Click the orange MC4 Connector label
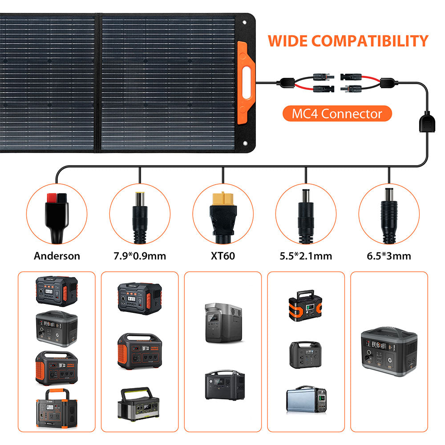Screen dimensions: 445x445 [337, 114]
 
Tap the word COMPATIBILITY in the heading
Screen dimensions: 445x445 [369, 41]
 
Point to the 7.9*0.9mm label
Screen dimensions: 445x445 [140, 256]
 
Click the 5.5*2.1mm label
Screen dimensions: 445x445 [306, 256]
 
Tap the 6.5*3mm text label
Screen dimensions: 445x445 [388, 256]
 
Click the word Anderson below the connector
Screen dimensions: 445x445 [57, 256]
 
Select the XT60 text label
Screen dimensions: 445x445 [222, 256]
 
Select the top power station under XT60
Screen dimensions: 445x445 [222, 322]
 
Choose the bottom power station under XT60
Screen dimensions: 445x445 [224, 385]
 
